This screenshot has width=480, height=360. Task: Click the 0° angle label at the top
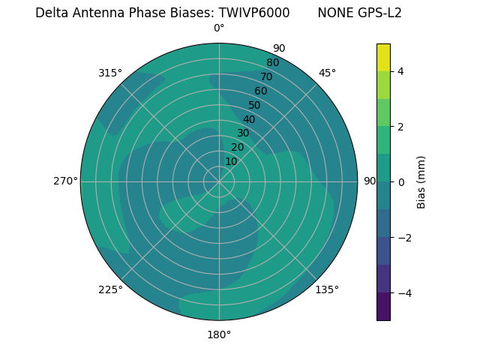point(219,28)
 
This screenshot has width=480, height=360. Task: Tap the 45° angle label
point(328,73)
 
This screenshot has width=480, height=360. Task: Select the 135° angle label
point(327,289)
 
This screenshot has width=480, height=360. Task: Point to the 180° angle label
point(219,334)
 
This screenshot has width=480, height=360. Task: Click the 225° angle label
point(110,290)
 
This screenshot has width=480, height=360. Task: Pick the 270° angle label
point(65,181)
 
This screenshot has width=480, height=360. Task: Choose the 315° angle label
point(110,73)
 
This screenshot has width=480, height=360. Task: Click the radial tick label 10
point(231,161)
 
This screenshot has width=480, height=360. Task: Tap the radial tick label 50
point(255,105)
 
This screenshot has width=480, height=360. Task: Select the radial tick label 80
point(272,63)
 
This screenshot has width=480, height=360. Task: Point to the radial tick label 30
point(243,133)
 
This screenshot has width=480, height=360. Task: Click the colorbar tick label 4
point(400,71)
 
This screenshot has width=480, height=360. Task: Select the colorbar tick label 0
point(400,181)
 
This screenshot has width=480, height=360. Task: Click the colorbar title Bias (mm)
point(421,181)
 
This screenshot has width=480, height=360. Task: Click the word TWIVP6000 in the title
point(254,13)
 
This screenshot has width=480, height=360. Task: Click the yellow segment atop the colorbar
point(383,58)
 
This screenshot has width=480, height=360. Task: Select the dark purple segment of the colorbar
point(383,306)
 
